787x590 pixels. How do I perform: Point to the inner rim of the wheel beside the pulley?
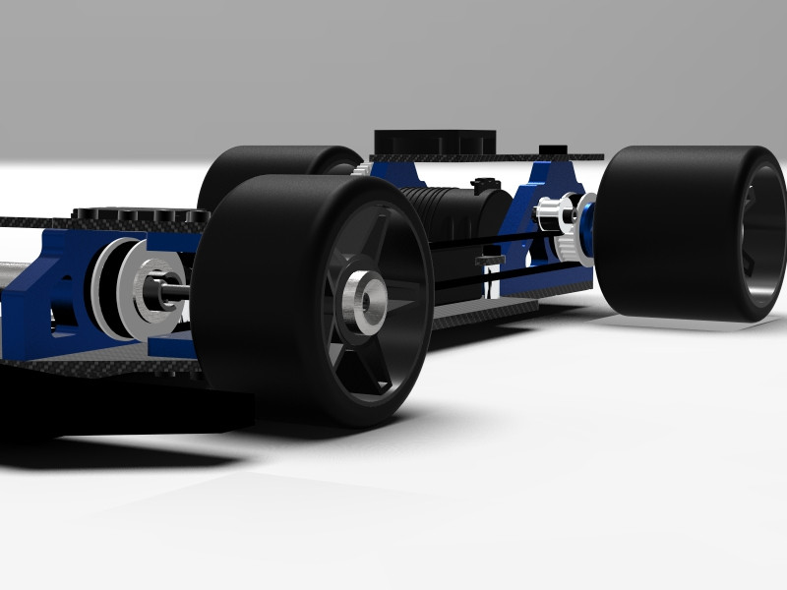pyautogui.click(x=762, y=236)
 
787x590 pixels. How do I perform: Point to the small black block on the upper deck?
pyautogui.click(x=554, y=149)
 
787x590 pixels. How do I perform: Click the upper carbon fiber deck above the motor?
pyautogui.click(x=492, y=156)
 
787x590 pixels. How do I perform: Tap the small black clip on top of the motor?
pyautogui.click(x=483, y=183)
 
